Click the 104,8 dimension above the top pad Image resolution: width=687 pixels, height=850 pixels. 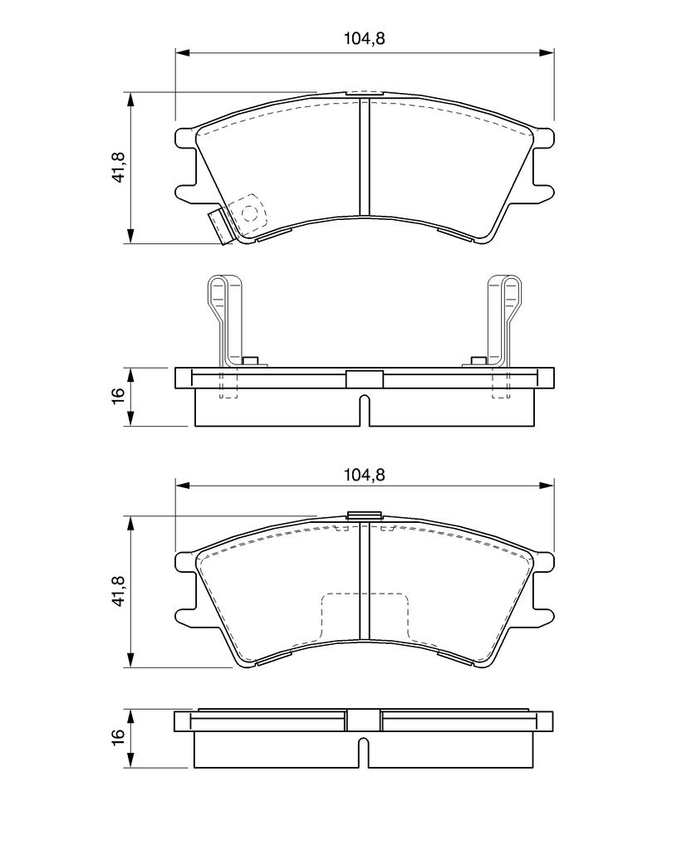point(364,39)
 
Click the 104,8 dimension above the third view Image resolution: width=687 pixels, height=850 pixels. point(364,475)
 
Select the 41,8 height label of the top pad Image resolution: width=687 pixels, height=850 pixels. point(119,167)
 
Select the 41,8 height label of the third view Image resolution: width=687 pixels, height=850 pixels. point(119,590)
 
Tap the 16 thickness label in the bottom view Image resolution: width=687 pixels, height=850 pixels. point(119,736)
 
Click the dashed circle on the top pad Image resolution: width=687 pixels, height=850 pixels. point(249,213)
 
